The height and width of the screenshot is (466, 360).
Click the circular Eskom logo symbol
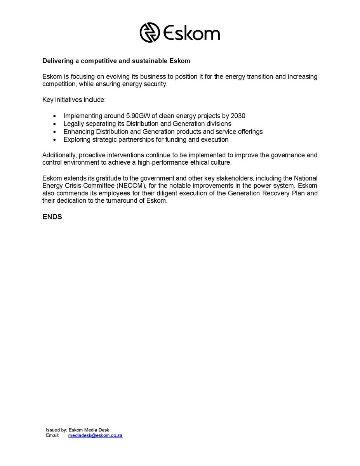point(150,32)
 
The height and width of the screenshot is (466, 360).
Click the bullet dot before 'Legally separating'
point(54,124)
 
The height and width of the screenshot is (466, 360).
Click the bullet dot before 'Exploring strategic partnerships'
point(54,139)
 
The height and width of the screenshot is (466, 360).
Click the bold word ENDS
point(52,217)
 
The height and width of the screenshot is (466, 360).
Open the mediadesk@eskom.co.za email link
point(95,436)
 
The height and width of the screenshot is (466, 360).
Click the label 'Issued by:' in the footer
point(56,430)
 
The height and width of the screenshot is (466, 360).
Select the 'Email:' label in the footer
point(52,436)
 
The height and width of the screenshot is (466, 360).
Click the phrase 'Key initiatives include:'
point(74,100)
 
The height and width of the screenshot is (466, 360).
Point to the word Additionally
point(59,155)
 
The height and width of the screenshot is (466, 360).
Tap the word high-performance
point(173,163)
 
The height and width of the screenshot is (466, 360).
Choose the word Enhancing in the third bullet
point(77,132)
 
